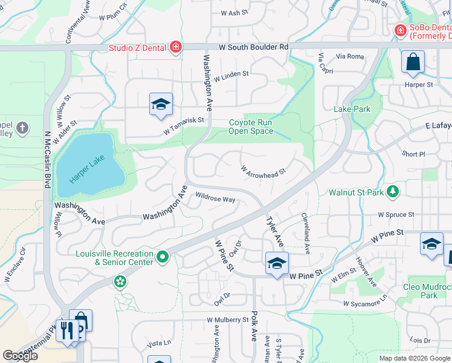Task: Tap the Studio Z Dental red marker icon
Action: click(x=175, y=47)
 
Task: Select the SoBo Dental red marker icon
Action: click(x=399, y=30)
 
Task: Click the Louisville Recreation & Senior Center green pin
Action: click(x=162, y=258)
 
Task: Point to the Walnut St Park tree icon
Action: click(x=393, y=192)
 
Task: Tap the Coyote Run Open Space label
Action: click(x=250, y=126)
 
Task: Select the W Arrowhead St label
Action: click(x=263, y=172)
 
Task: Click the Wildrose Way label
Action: click(x=215, y=198)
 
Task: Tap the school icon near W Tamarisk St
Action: click(x=161, y=104)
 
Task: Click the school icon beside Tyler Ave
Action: click(x=277, y=263)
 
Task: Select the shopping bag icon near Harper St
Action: click(x=413, y=61)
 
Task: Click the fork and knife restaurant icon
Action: click(x=67, y=330)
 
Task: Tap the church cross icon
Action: click(x=22, y=128)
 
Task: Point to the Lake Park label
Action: click(x=352, y=109)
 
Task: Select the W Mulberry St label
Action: click(x=228, y=319)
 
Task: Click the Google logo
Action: click(x=20, y=356)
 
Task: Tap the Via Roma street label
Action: click(x=350, y=56)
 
